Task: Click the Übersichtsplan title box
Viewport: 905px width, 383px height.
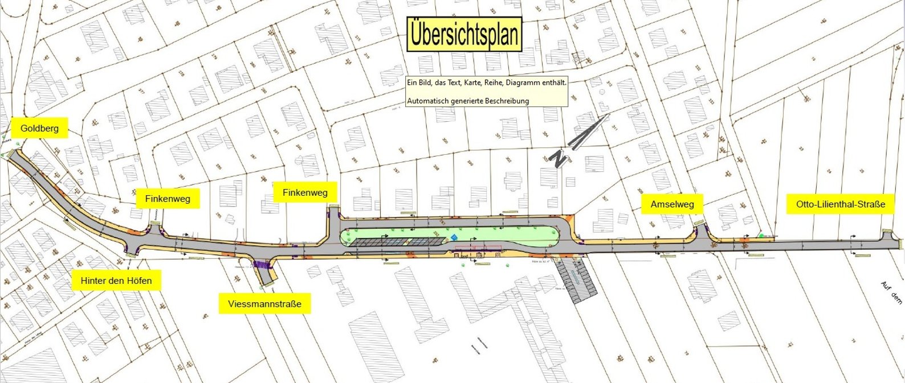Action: pyautogui.click(x=464, y=34)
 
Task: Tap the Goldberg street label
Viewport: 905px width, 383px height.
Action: pyautogui.click(x=39, y=128)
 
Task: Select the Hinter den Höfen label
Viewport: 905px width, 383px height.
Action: pyautogui.click(x=116, y=281)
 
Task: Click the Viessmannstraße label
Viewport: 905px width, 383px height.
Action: pyautogui.click(x=264, y=304)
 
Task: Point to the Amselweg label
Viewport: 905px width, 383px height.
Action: pyautogui.click(x=672, y=204)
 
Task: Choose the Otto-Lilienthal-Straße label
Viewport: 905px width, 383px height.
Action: pyautogui.click(x=841, y=204)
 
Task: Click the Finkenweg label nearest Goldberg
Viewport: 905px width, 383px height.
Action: pyautogui.click(x=168, y=199)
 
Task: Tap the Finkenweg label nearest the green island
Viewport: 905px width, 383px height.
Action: pyautogui.click(x=305, y=192)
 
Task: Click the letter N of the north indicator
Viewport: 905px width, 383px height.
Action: pyautogui.click(x=560, y=159)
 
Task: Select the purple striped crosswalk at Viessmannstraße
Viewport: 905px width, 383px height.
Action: pyautogui.click(x=262, y=264)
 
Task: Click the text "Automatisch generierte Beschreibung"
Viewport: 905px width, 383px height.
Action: pyautogui.click(x=467, y=101)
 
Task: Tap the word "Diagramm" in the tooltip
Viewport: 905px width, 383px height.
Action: pyautogui.click(x=523, y=83)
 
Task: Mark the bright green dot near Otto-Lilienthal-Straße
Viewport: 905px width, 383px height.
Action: pyautogui.click(x=761, y=235)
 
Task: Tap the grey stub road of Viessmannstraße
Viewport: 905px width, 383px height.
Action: pyautogui.click(x=265, y=274)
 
